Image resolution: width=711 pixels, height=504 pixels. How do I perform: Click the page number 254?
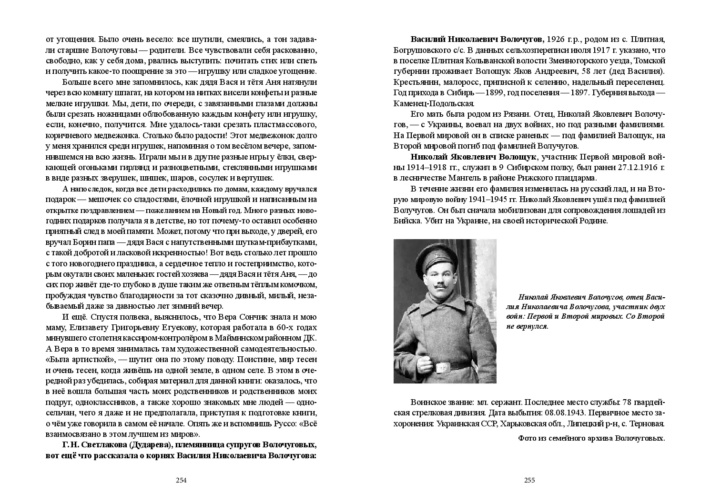tap(181, 480)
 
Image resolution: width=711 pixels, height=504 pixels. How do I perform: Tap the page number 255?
tap(529, 480)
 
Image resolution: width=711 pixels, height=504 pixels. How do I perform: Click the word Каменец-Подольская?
tap(434, 103)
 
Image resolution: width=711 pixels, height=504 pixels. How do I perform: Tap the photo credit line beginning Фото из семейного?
tap(591, 438)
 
